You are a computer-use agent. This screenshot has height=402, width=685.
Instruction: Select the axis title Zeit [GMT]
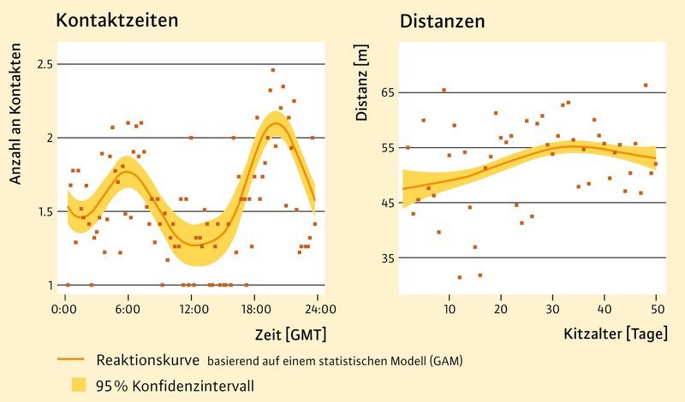click(x=290, y=333)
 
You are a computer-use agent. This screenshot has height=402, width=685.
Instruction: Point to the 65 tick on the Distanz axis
click(x=384, y=92)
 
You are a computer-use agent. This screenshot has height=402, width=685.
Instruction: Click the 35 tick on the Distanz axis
click(x=384, y=257)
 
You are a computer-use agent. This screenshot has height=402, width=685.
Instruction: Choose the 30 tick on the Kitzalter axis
click(x=552, y=308)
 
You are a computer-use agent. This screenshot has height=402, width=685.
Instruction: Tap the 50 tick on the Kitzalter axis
click(x=656, y=308)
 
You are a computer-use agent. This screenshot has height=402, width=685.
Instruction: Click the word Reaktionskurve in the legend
click(x=147, y=360)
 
